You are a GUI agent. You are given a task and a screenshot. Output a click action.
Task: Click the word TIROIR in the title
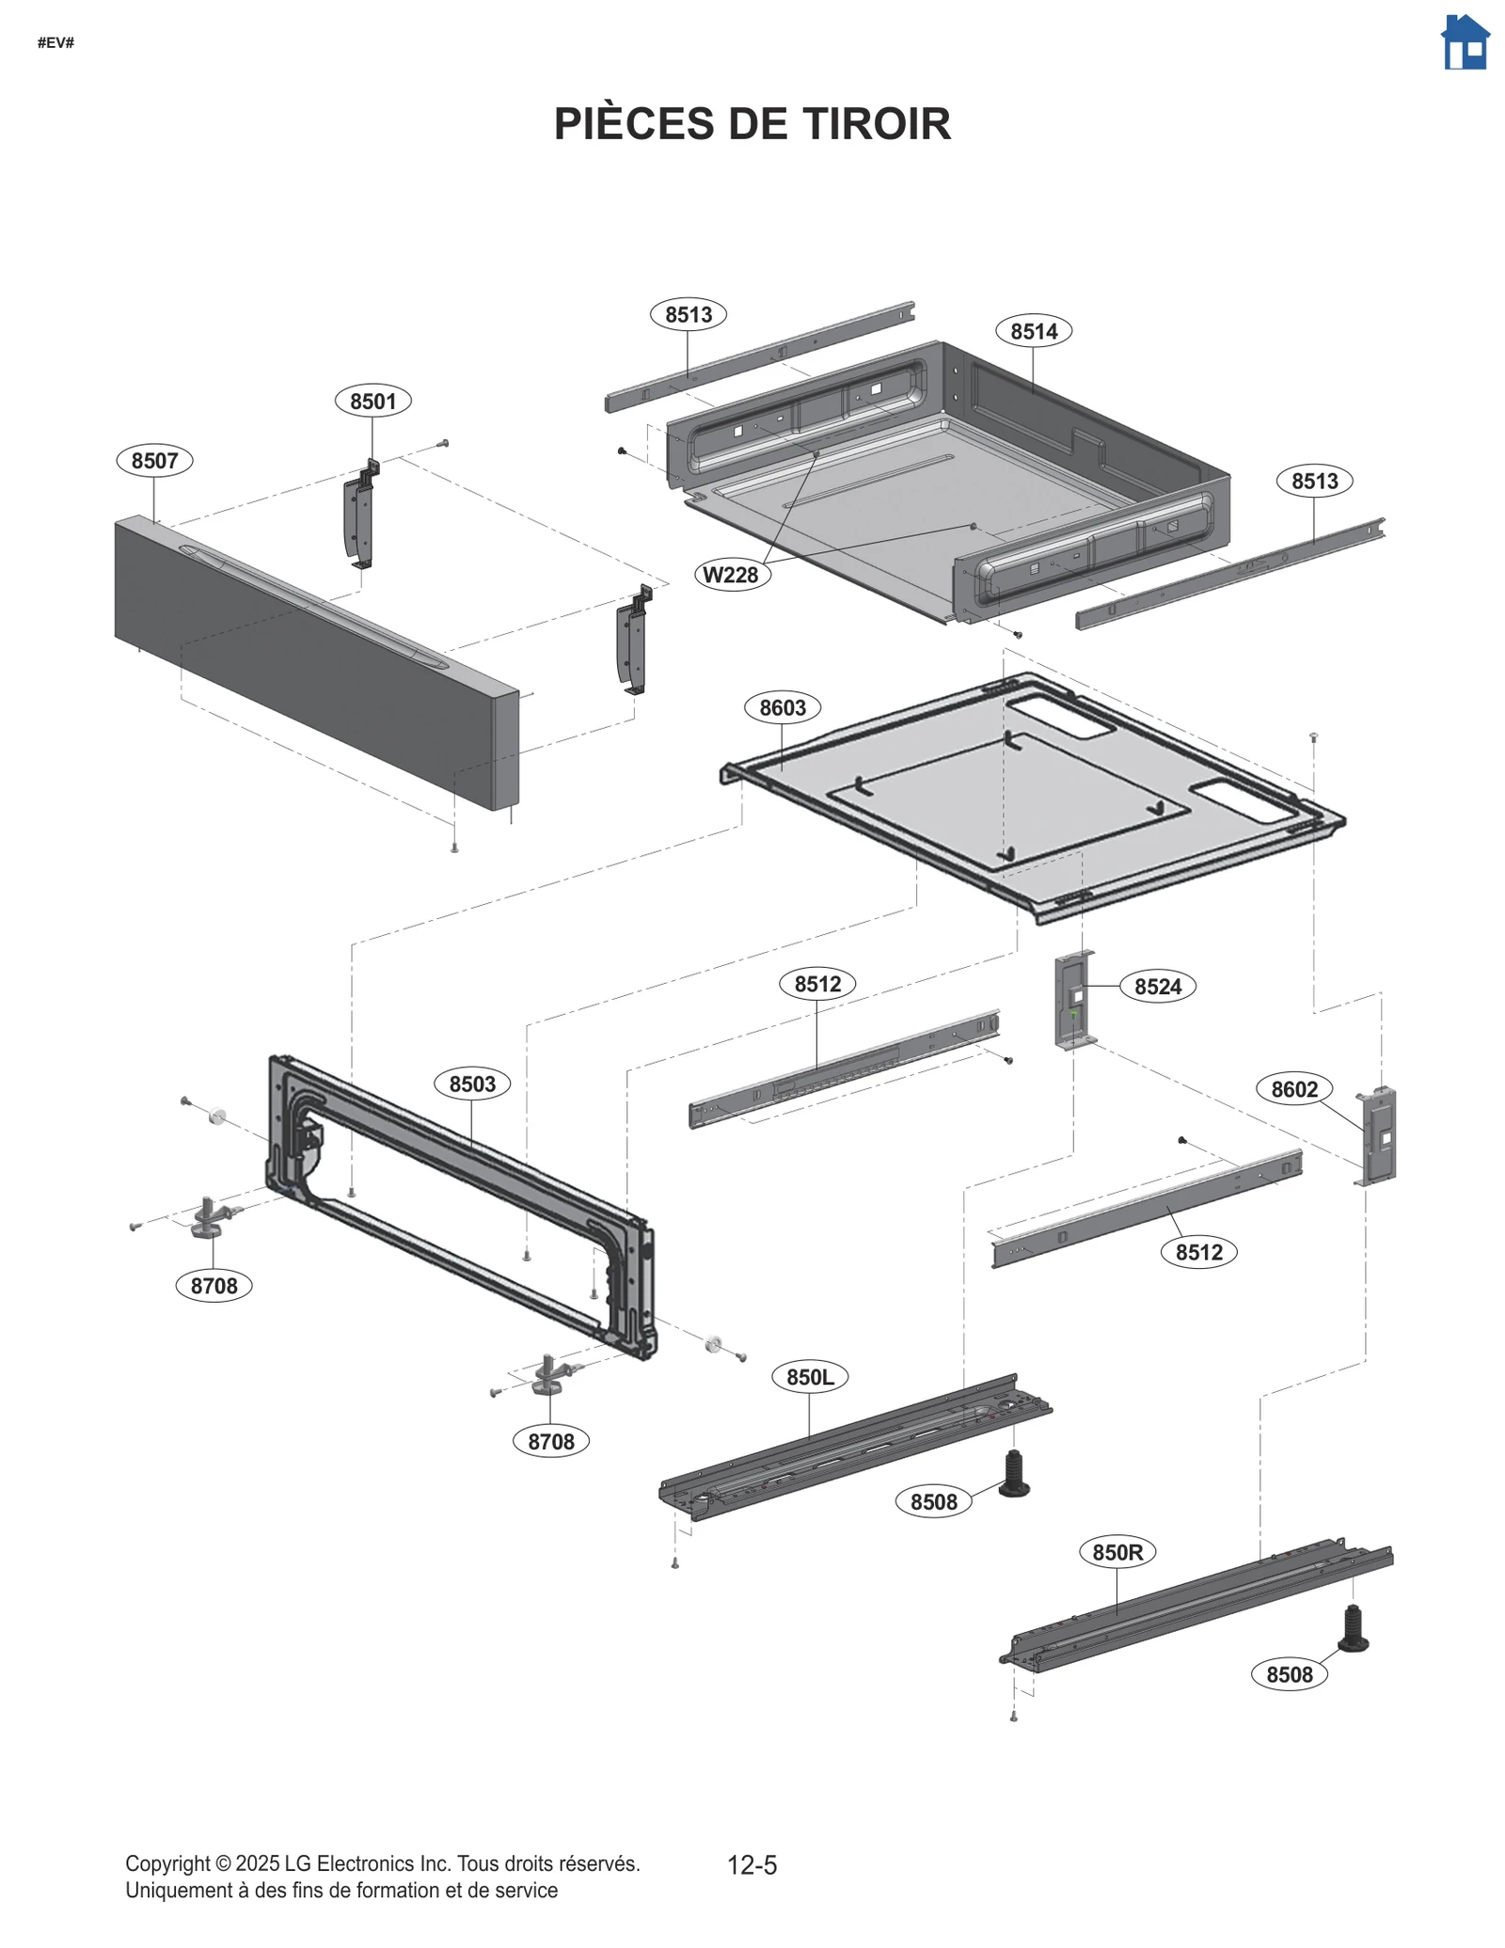877,124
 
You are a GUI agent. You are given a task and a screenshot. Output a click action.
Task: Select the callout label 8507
154,461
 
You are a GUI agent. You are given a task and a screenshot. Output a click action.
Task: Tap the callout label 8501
372,402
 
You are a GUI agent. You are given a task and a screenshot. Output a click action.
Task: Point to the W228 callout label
731,575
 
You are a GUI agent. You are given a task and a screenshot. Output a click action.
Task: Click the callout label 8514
1033,331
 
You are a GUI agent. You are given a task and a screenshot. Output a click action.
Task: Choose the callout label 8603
782,707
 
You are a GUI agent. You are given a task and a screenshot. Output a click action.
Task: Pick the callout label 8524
1157,987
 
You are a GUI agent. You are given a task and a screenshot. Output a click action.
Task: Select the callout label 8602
1293,1089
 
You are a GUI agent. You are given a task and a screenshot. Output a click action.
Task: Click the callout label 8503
471,1084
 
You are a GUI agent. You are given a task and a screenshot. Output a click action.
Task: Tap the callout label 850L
809,1377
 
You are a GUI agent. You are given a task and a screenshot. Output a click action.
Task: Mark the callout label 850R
1117,1552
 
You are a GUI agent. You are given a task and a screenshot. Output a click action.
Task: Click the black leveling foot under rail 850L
1013,1474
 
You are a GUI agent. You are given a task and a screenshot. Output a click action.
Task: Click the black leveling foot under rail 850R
1353,1629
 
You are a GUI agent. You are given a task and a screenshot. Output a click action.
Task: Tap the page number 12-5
752,1865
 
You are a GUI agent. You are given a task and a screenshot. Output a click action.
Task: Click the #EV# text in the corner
55,43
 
